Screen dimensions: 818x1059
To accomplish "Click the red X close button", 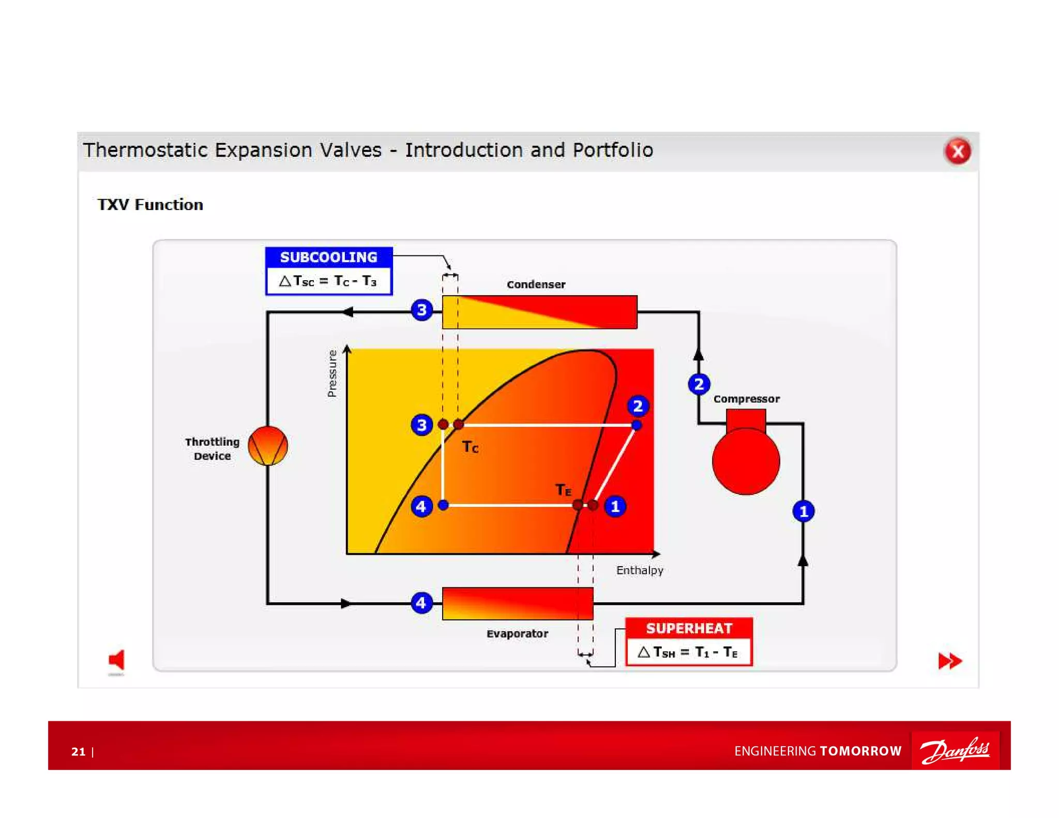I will (957, 151).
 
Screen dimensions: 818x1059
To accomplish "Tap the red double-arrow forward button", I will (949, 660).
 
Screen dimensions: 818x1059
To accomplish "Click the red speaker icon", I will (117, 660).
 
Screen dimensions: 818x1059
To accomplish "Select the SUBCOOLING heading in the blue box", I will (328, 257).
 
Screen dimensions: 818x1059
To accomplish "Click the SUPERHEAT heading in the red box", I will (689, 628).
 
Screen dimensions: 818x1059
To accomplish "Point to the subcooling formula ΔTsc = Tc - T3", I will (328, 281).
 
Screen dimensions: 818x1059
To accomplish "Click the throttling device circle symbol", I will (267, 445).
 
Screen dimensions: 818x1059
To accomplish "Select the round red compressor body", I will (745, 461).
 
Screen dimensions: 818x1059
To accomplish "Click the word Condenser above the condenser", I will (536, 284).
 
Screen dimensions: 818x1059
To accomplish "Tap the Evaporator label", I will (517, 633).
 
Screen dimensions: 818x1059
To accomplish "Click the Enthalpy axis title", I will (639, 570).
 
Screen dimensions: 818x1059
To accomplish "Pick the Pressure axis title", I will (332, 373).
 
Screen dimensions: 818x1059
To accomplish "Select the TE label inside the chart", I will (563, 489).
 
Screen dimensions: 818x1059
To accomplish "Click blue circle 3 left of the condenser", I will (421, 310).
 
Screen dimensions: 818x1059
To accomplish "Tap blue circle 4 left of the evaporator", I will (421, 602).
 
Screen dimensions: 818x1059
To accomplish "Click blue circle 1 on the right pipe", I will (803, 511).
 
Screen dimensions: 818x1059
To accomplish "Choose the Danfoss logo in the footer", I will (955, 750).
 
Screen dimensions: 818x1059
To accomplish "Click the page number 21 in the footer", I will (79, 751).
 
